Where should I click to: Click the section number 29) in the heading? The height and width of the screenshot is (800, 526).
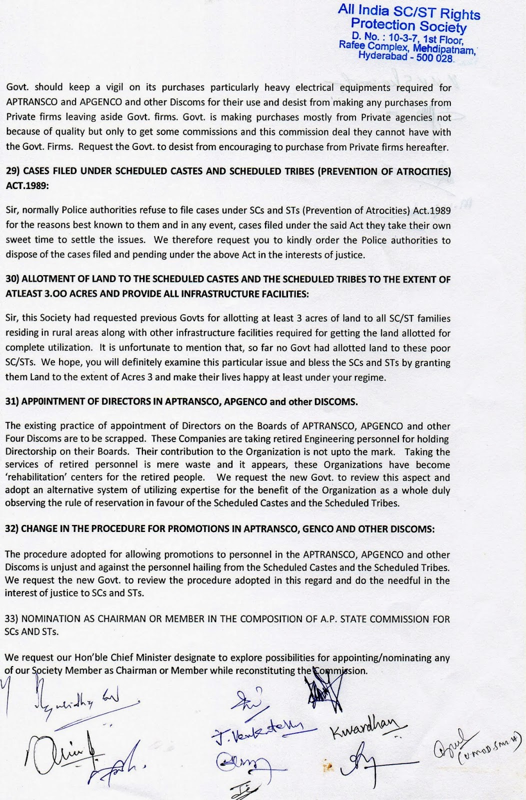13,171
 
